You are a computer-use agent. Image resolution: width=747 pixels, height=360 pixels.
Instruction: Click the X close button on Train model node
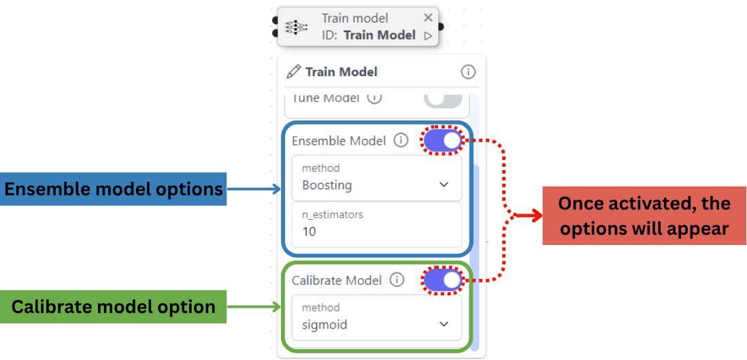[x=427, y=18]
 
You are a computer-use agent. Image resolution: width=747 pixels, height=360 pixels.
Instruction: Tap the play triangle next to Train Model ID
[x=428, y=36]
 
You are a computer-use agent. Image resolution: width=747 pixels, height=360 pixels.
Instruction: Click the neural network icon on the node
[x=297, y=27]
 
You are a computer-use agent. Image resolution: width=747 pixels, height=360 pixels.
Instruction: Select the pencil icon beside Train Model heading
[x=294, y=71]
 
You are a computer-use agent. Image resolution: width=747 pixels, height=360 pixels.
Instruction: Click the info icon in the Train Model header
[x=468, y=71]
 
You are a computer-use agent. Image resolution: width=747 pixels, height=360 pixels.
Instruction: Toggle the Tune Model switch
[x=443, y=99]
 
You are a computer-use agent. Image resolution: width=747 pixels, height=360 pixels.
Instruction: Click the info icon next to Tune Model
[x=374, y=98]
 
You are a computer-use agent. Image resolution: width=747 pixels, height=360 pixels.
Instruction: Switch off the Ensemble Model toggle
[x=443, y=141]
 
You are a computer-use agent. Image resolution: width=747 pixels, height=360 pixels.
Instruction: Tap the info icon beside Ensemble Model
[x=401, y=141]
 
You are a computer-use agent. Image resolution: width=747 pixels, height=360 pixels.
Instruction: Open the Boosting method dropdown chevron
[x=444, y=184]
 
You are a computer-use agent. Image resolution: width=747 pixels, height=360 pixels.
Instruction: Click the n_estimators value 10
[x=310, y=231]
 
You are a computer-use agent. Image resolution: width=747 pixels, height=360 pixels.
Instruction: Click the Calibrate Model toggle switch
[x=443, y=280]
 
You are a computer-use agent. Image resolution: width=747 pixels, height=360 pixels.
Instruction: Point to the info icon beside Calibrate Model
[x=397, y=280]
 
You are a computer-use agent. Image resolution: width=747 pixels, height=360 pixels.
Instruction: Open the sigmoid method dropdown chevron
[x=444, y=325]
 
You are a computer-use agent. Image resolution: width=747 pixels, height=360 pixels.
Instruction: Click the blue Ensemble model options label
[x=114, y=189]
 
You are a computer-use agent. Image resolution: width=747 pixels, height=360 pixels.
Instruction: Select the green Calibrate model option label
[x=114, y=307]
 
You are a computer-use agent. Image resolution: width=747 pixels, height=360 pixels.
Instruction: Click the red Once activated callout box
[x=644, y=216]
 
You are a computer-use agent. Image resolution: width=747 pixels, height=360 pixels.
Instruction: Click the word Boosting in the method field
[x=327, y=185]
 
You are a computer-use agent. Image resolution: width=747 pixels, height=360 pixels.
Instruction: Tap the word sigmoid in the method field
[x=325, y=325]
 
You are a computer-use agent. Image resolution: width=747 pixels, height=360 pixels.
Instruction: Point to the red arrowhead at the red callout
[x=537, y=216]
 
